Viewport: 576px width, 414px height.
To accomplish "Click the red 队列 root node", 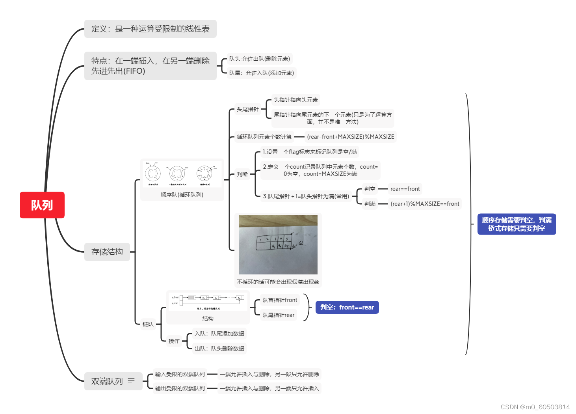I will [42, 205].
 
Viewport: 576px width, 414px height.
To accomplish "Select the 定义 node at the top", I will [150, 29].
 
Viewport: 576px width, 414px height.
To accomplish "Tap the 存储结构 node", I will [107, 252].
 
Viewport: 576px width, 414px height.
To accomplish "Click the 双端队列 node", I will [107, 381].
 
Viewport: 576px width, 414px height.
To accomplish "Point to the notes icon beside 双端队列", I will [131, 381].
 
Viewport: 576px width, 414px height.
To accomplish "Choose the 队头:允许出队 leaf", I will [260, 59].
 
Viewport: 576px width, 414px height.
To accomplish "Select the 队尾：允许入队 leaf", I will [262, 73].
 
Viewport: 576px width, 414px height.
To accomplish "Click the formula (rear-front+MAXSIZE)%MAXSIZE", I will [350, 137].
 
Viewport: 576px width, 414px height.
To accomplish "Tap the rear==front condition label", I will [405, 189].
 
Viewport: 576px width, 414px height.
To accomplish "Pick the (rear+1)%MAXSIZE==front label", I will [425, 204].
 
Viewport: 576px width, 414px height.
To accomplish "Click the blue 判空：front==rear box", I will [347, 307].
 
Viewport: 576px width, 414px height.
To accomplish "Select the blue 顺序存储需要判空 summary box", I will [517, 224].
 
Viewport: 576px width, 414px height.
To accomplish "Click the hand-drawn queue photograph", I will [278, 244].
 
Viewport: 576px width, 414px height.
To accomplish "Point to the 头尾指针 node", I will [247, 109].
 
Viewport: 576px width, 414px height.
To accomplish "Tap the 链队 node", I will [148, 324].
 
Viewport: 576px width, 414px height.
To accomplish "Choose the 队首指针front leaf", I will [280, 300].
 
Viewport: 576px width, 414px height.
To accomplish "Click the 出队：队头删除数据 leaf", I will [219, 349].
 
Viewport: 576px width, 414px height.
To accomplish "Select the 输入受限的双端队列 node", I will [180, 374].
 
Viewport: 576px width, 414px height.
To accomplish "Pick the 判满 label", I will [370, 204].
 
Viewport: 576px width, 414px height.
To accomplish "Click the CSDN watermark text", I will [535, 407].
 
